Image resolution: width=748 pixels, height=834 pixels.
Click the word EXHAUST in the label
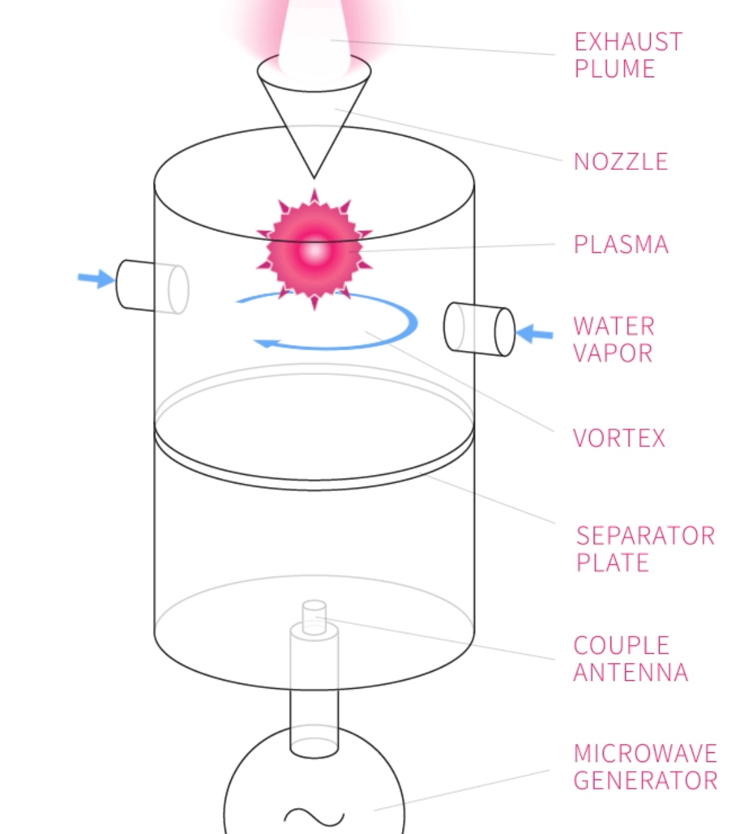(627, 42)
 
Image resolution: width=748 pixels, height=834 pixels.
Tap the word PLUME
(614, 69)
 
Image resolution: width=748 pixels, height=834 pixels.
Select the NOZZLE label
(620, 161)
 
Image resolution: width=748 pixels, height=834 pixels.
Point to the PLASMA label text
(620, 244)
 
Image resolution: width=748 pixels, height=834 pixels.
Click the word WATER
(614, 326)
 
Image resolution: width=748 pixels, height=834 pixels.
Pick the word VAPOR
(613, 353)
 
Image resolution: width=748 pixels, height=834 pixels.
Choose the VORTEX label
(619, 438)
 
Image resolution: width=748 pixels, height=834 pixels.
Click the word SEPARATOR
(645, 536)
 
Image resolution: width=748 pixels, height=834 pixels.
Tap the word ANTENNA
(630, 673)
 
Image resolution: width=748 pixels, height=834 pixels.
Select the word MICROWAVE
(645, 754)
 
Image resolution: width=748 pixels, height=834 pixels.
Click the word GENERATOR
(645, 780)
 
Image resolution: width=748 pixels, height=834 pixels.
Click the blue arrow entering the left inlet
(96, 279)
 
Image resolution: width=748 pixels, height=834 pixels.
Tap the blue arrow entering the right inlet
(535, 335)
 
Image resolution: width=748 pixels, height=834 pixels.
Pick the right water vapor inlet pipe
(479, 329)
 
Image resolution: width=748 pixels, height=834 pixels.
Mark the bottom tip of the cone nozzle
(314, 176)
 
